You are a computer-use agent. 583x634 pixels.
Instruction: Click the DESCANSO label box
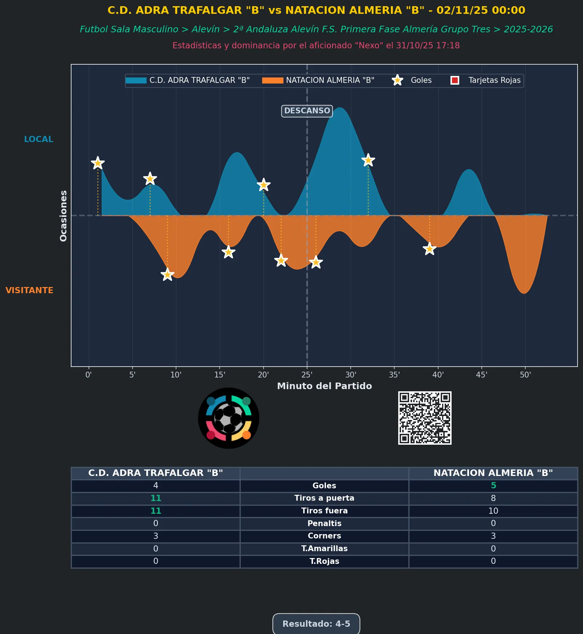[307, 111]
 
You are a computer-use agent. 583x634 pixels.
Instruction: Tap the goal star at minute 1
[98, 163]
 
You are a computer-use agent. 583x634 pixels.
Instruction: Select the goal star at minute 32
[368, 160]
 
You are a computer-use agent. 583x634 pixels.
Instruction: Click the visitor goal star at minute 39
[429, 249]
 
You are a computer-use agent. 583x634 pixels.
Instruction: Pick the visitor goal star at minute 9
[167, 274]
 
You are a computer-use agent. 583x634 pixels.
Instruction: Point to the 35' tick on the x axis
[394, 375]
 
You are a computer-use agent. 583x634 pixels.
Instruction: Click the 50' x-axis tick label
[525, 375]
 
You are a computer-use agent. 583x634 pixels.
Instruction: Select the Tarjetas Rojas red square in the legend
[454, 80]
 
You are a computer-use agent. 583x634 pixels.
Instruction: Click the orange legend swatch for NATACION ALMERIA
[273, 80]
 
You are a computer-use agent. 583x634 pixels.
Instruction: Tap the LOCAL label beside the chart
[38, 139]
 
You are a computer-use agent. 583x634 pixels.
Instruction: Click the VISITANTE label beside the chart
[29, 290]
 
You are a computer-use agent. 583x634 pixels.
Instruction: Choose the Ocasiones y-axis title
[64, 215]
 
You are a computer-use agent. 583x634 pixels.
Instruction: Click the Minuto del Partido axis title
[324, 386]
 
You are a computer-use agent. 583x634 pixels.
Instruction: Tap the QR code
[425, 418]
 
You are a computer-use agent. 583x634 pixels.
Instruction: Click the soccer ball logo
[229, 418]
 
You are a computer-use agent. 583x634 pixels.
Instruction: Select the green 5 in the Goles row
[493, 485]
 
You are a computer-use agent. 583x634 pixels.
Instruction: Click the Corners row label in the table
[324, 536]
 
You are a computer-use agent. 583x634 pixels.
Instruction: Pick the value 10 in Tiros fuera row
[493, 511]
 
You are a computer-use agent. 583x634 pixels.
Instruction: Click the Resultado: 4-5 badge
[316, 624]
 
